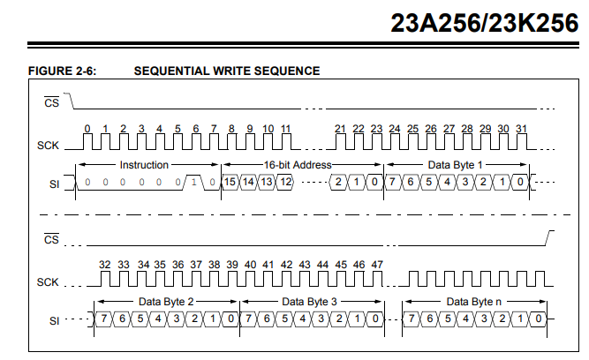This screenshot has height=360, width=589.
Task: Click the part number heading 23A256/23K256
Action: (x=485, y=23)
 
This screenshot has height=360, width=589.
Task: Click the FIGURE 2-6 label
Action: (x=63, y=71)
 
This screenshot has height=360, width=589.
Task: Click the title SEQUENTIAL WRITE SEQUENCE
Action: (x=227, y=71)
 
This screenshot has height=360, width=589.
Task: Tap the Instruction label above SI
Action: (x=144, y=165)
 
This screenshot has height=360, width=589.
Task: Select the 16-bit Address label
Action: (x=298, y=165)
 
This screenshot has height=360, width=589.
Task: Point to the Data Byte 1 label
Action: (x=455, y=165)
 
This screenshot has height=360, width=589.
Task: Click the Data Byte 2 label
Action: (x=166, y=302)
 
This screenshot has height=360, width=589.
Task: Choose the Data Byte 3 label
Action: (x=310, y=302)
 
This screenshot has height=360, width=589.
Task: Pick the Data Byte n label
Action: (x=473, y=302)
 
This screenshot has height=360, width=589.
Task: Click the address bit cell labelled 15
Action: (x=230, y=182)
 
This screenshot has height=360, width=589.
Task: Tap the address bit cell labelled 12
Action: (x=285, y=182)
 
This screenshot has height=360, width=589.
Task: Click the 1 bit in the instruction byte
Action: (x=193, y=182)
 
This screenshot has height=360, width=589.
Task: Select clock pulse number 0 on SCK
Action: (x=87, y=142)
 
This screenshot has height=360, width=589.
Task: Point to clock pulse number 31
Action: (x=522, y=142)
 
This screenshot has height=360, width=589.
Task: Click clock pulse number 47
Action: (x=377, y=279)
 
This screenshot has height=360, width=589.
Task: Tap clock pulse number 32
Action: (x=105, y=279)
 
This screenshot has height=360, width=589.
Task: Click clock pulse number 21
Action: (x=340, y=142)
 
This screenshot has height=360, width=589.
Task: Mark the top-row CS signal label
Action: (x=51, y=101)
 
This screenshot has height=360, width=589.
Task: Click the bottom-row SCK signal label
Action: (x=48, y=282)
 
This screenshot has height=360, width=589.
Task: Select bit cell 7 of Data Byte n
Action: (x=412, y=319)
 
